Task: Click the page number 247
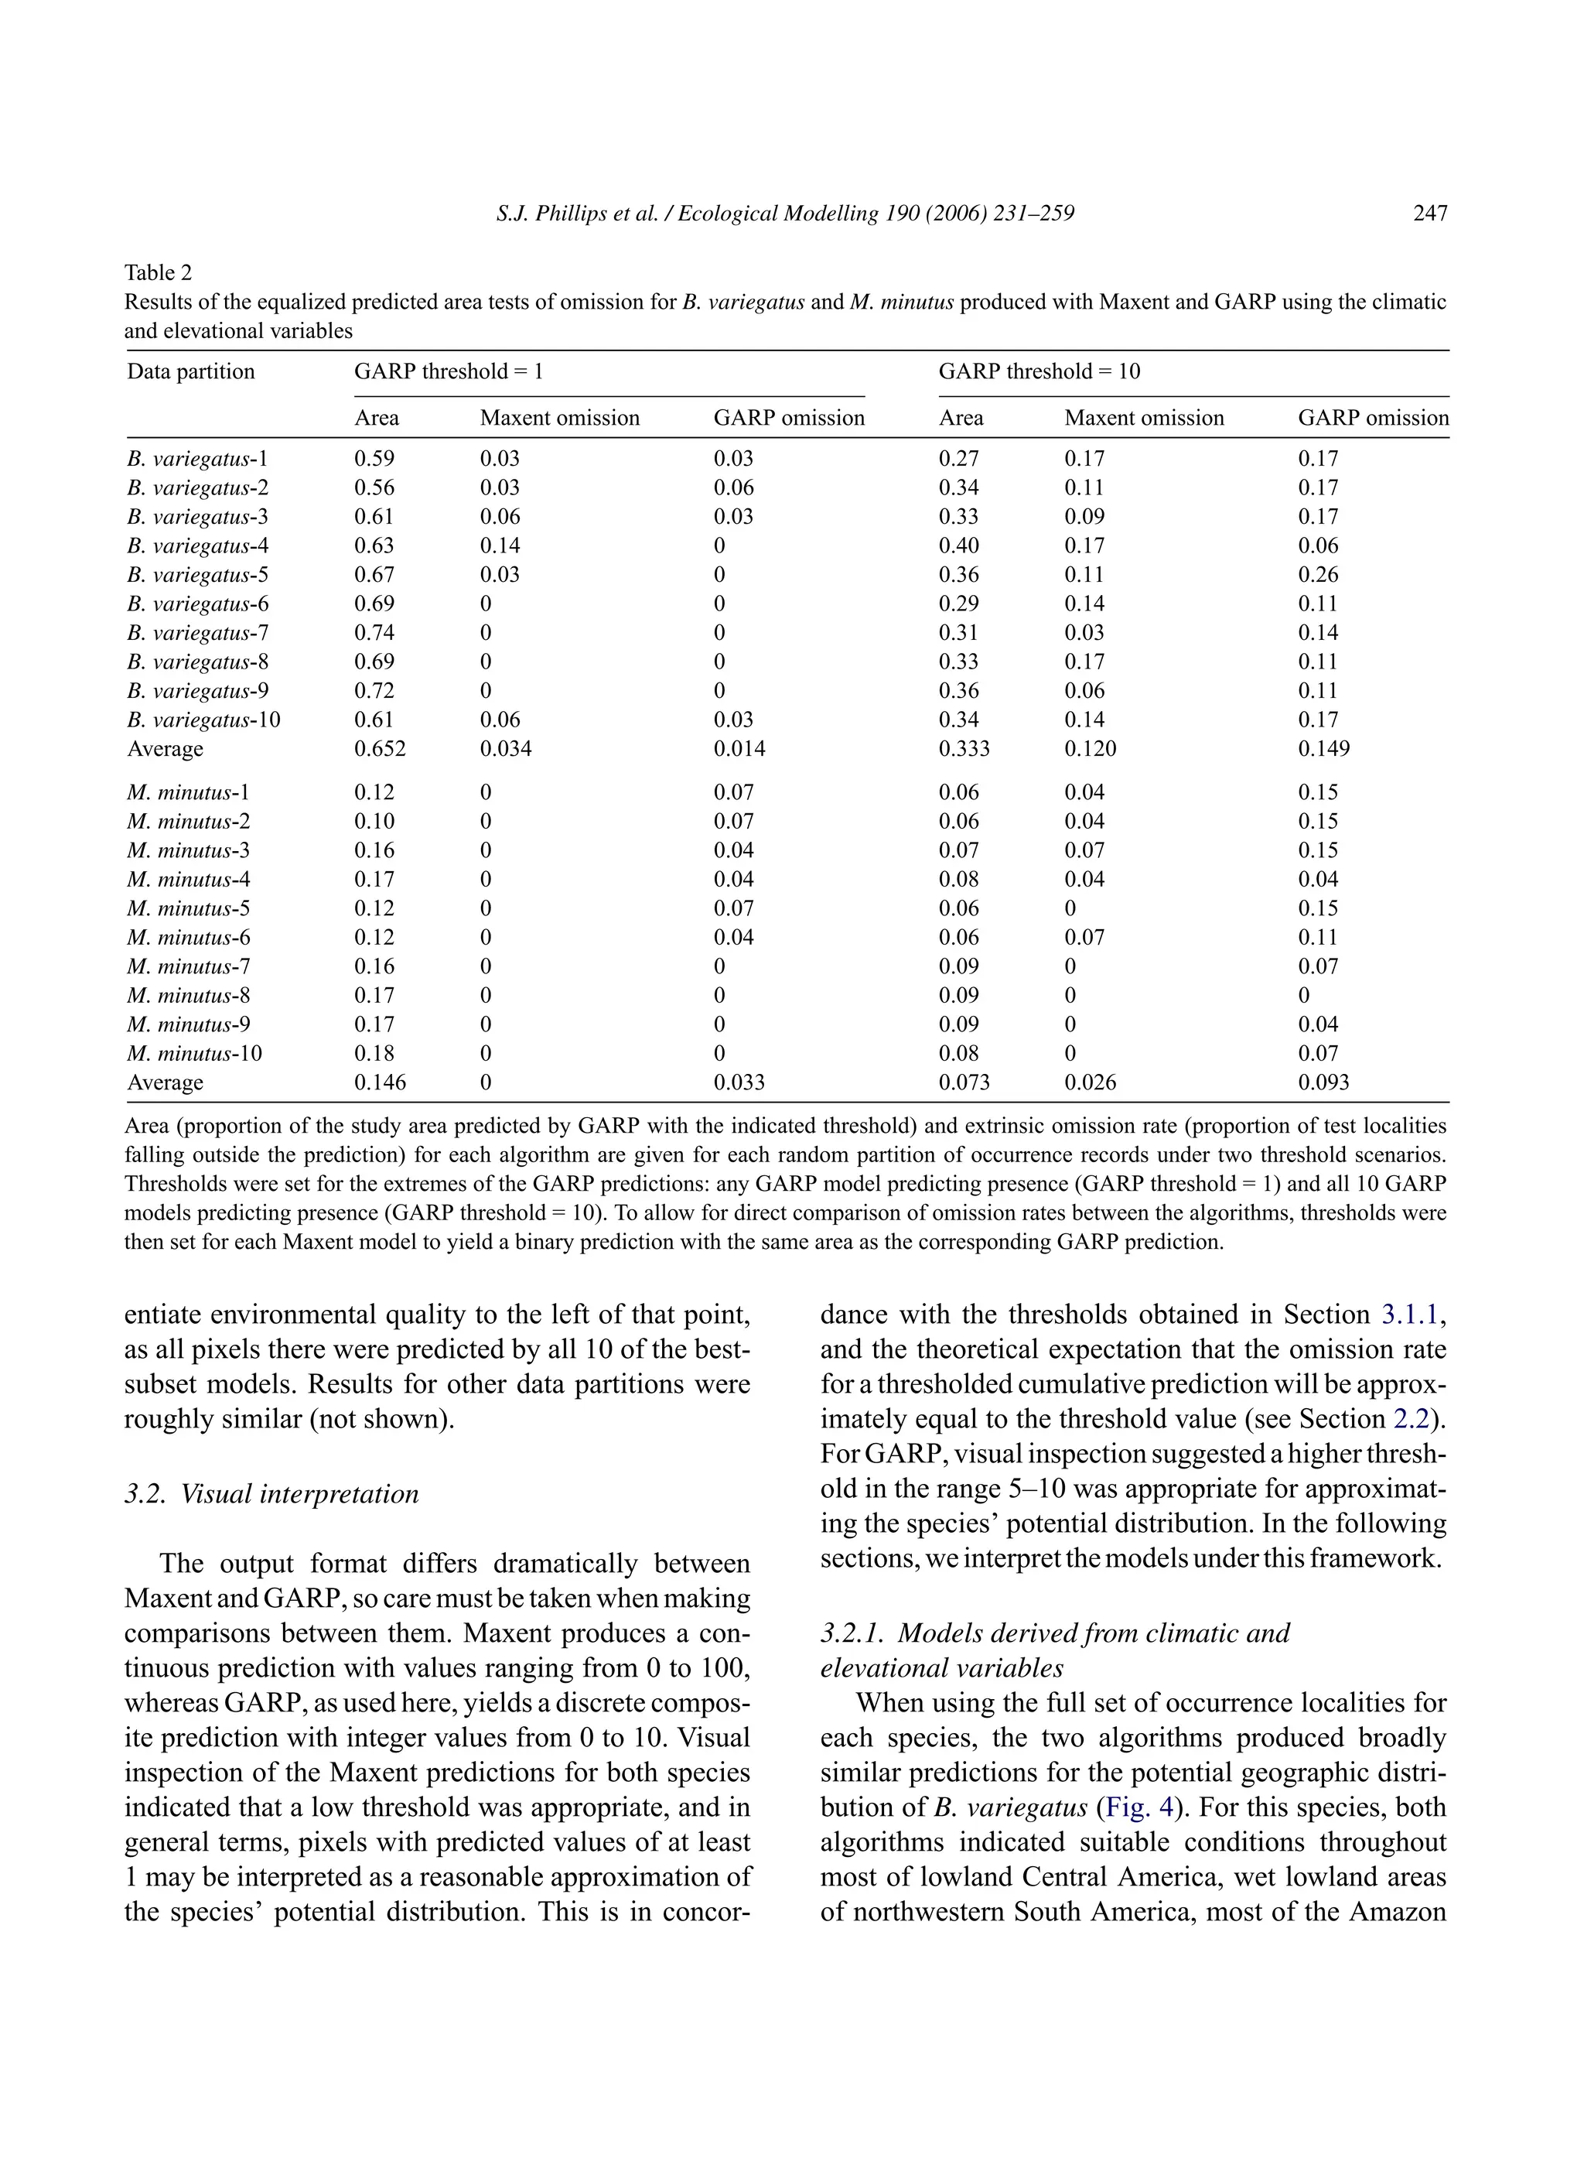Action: pyautogui.click(x=1429, y=213)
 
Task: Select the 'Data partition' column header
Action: pyautogui.click(x=191, y=372)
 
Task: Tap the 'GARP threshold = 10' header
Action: pyautogui.click(x=1039, y=372)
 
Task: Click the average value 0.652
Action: pyautogui.click(x=380, y=749)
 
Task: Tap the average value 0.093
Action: pyautogui.click(x=1323, y=1083)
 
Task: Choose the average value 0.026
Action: pyautogui.click(x=1091, y=1083)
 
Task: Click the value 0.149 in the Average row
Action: pyautogui.click(x=1323, y=749)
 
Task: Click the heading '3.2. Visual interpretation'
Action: pyautogui.click(x=271, y=1494)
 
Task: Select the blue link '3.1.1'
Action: pyautogui.click(x=1409, y=1315)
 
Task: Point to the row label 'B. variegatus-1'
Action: pyautogui.click(x=197, y=460)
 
